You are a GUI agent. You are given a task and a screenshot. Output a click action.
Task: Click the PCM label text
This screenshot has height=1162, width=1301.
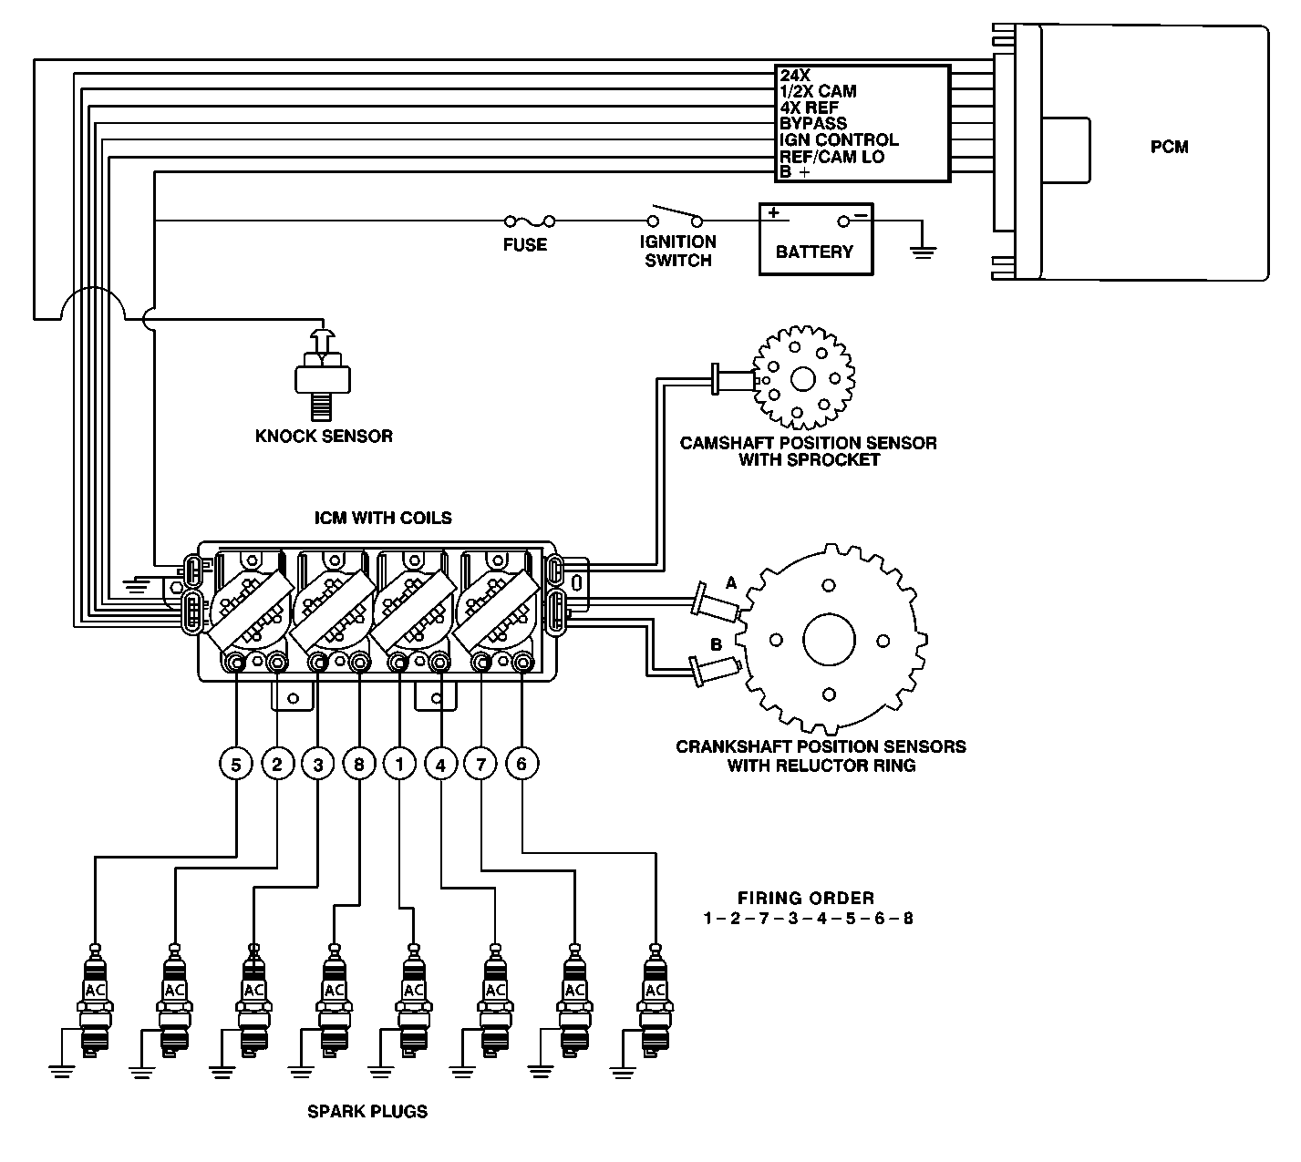click(1169, 147)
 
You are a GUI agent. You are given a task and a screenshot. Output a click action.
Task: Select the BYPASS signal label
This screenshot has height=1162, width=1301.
click(813, 123)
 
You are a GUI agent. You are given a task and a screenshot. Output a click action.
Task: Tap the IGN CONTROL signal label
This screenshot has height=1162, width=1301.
click(839, 140)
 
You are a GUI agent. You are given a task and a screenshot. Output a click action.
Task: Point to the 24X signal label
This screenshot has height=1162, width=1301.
click(795, 75)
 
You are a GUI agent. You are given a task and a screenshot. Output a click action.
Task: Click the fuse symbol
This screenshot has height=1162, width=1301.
click(530, 221)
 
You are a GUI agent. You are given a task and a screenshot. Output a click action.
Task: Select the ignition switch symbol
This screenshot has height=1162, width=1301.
click(675, 217)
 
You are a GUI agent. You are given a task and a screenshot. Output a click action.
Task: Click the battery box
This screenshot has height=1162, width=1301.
click(816, 240)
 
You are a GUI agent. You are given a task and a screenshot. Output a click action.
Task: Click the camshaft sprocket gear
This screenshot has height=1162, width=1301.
click(803, 379)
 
